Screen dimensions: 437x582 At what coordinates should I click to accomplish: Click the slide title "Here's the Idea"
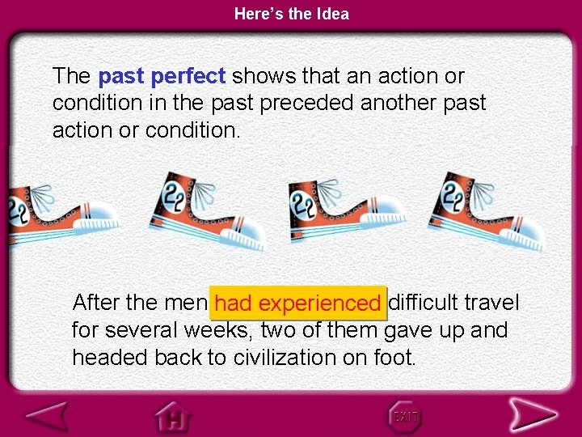pos(291,14)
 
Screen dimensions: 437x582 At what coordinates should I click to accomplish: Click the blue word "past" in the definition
pos(121,77)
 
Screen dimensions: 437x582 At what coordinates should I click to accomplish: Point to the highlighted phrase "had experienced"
pos(297,303)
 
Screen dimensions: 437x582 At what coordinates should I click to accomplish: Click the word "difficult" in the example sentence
pos(425,303)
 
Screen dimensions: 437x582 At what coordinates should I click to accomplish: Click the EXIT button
pos(404,416)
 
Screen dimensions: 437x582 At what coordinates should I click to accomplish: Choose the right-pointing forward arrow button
pos(533,415)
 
